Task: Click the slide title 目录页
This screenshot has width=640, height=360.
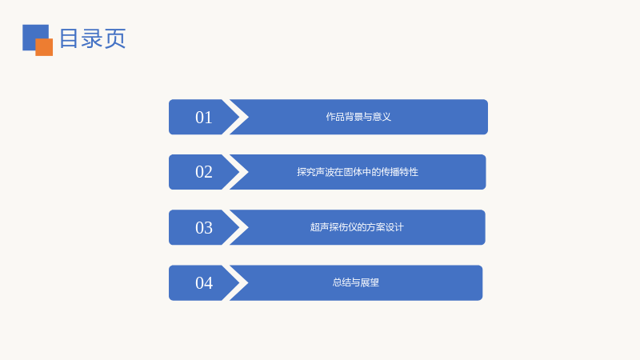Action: coord(93,38)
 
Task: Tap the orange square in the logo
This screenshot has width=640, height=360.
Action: coord(44,47)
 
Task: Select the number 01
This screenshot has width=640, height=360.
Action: coord(204,118)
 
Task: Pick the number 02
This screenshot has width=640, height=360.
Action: coord(204,172)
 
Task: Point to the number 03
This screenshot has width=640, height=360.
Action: coord(204,228)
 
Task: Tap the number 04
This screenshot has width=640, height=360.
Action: coord(204,283)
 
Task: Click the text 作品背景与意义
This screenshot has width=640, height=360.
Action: coord(358,117)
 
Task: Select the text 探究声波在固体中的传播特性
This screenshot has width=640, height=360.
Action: coord(358,172)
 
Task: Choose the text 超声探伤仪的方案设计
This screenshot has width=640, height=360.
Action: coord(357,227)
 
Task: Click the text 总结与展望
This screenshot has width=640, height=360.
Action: coord(356,282)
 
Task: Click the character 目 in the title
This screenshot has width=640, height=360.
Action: coord(69,38)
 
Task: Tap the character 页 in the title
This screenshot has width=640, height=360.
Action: coord(115,38)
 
